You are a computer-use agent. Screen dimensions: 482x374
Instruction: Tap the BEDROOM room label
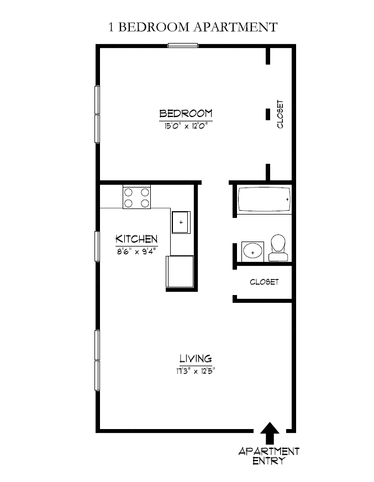186,114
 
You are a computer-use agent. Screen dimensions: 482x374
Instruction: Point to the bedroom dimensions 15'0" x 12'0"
186,126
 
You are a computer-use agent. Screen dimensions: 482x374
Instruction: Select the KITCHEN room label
136,239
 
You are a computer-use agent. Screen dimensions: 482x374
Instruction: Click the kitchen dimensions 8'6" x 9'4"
136,251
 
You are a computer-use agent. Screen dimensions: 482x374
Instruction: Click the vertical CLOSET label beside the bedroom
280,114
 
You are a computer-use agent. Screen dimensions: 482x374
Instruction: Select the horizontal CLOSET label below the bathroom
264,282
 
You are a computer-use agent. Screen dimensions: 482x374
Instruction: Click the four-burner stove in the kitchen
137,197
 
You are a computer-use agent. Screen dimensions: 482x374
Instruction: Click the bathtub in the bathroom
264,200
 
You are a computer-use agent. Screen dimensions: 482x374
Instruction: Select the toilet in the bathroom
278,248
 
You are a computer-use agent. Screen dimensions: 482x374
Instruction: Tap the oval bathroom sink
253,251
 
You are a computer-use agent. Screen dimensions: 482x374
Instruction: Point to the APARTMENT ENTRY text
268,456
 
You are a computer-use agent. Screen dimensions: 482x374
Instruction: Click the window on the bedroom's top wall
183,46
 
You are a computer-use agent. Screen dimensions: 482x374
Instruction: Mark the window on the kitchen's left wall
97,245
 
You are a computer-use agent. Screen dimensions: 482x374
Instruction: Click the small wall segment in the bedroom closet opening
268,115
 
